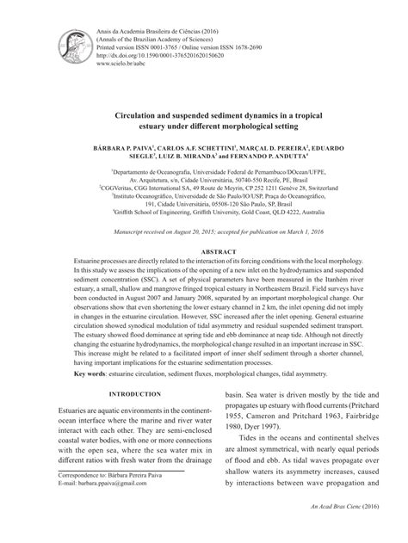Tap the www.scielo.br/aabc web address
[117, 62]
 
